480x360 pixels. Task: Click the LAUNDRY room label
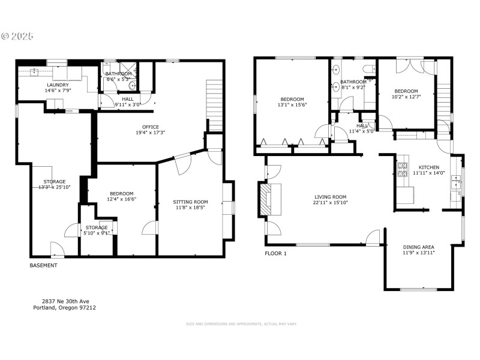[x=58, y=85]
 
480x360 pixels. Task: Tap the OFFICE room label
[x=151, y=127]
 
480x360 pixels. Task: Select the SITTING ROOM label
[x=191, y=202]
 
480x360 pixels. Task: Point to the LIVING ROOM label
[x=331, y=197]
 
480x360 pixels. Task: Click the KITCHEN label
[x=428, y=167]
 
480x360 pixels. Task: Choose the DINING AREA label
[x=418, y=247]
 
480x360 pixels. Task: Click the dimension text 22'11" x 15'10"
[x=331, y=203]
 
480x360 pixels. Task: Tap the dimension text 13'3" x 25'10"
[x=55, y=187]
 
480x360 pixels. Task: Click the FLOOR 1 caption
[x=276, y=254]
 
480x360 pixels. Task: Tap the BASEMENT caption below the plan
[x=44, y=265]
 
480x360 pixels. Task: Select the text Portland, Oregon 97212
[x=64, y=308]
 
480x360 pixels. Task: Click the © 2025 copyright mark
[x=17, y=37]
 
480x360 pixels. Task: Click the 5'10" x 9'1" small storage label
[x=97, y=233]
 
